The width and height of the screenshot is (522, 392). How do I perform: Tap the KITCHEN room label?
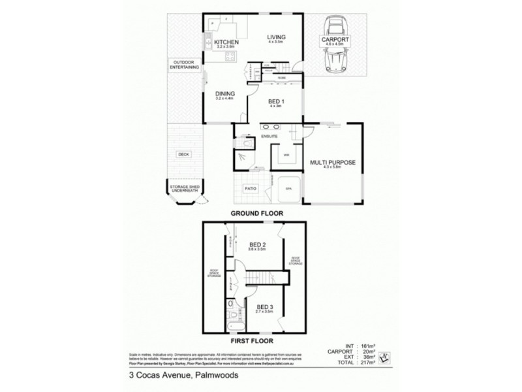[x=226, y=42]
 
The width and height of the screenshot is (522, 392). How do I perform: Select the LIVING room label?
[x=277, y=37]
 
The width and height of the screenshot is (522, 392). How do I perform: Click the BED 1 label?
[x=277, y=102]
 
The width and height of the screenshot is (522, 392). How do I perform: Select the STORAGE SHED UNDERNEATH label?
[x=185, y=189]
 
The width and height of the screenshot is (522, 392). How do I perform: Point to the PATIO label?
[x=250, y=189]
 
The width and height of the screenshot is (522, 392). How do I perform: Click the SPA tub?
[x=288, y=188]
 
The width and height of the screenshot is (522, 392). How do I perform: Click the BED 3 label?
[x=264, y=307]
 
